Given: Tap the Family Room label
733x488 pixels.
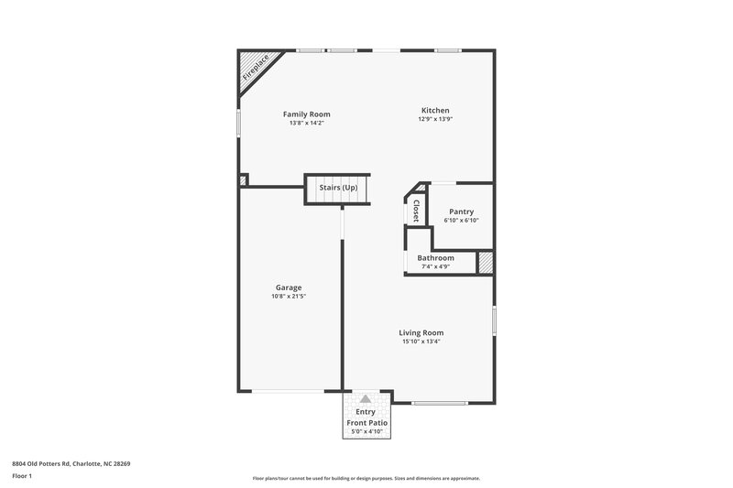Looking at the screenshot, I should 306,114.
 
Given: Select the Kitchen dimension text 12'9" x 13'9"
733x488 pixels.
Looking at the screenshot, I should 434,120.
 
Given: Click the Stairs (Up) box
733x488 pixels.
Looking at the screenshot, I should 337,188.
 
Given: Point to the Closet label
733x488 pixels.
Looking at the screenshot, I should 416,211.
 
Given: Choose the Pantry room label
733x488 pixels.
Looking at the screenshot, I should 461,211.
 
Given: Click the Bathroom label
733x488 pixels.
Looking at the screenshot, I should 435,258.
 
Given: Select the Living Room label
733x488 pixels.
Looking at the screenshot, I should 421,332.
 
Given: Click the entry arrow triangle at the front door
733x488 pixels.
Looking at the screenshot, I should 366,399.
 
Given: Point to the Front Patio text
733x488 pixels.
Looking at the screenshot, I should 366,423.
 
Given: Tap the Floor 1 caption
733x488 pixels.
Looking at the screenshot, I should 23,477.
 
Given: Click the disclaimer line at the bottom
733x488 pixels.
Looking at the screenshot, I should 366,478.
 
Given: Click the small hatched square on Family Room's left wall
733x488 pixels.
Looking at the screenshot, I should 243,180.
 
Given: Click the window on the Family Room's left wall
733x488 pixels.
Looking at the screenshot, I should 239,124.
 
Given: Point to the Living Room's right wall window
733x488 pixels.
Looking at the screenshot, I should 494,320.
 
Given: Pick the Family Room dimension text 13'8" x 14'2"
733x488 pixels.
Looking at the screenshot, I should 306,123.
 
